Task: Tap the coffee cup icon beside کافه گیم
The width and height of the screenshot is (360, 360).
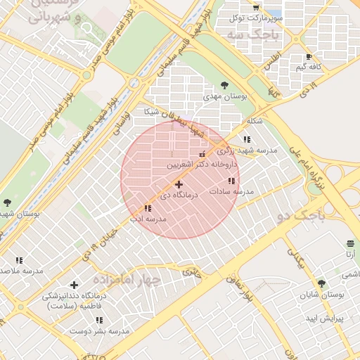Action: (x=309, y=56)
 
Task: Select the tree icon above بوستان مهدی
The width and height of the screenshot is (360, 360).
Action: (x=224, y=83)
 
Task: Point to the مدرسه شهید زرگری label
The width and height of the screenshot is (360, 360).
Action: (x=247, y=150)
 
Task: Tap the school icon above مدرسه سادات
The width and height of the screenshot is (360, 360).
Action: (x=231, y=181)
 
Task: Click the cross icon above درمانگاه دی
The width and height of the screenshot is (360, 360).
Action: (x=179, y=184)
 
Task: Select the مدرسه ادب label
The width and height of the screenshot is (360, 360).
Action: (x=148, y=219)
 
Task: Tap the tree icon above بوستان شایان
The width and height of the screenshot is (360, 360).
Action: (x=322, y=283)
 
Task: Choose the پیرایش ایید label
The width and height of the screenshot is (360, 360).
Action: (x=322, y=319)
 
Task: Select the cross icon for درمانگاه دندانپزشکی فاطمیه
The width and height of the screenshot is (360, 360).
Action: (x=74, y=285)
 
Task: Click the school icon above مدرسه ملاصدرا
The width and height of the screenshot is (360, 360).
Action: (x=19, y=260)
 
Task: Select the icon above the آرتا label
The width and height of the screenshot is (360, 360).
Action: (x=350, y=243)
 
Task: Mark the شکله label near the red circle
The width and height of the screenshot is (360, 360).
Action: (x=255, y=121)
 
